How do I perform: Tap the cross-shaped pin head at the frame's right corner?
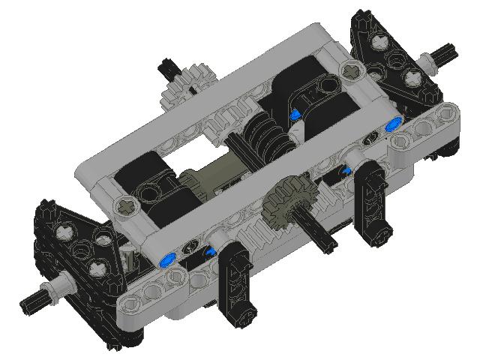point(351,71)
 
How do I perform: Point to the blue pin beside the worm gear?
point(296,114)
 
